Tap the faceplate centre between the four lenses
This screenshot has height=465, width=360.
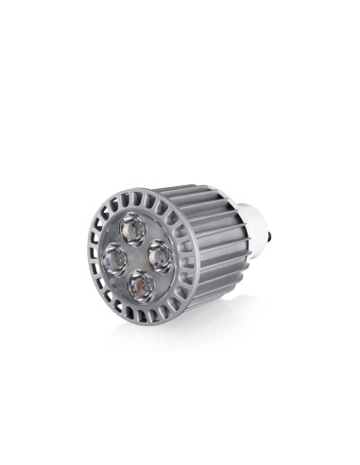(x=137, y=255)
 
